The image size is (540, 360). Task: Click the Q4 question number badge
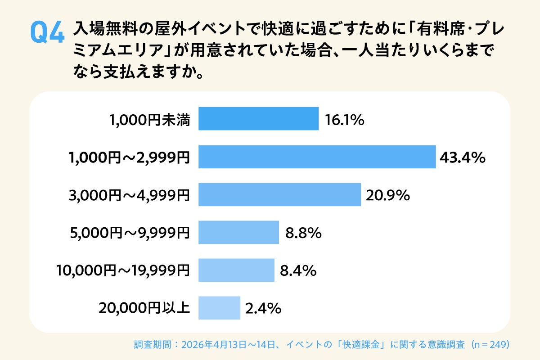tap(47, 32)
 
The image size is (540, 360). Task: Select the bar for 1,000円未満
tap(258, 118)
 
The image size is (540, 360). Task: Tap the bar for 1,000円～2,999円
tap(317, 157)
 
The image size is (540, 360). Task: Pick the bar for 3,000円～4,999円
tap(279, 194)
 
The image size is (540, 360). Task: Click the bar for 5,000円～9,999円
tap(238, 232)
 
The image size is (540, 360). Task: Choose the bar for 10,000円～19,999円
tap(236, 270)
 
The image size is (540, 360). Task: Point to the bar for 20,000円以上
tap(219, 308)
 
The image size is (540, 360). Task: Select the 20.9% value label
tap(387, 195)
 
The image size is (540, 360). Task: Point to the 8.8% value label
tap(303, 233)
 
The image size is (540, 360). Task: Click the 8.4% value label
tap(298, 271)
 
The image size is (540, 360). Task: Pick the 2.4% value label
tap(263, 309)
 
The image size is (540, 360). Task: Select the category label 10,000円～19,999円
tap(123, 271)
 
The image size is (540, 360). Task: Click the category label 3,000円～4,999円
tap(130, 195)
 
